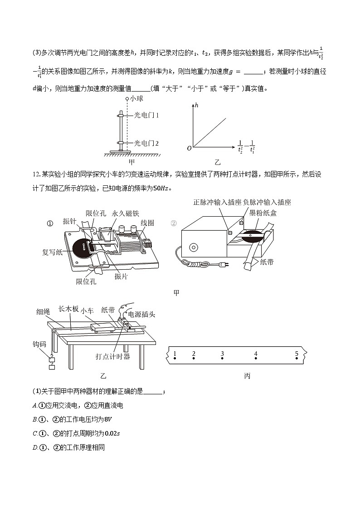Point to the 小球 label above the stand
[136, 98]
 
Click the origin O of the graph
[189, 148]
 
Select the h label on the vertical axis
[197, 106]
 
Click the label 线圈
[147, 223]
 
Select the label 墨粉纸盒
[262, 213]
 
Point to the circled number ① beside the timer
[50, 223]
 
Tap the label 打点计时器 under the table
[113, 356]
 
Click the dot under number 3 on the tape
[222, 359]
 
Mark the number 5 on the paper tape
[297, 354]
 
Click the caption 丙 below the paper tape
[247, 376]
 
